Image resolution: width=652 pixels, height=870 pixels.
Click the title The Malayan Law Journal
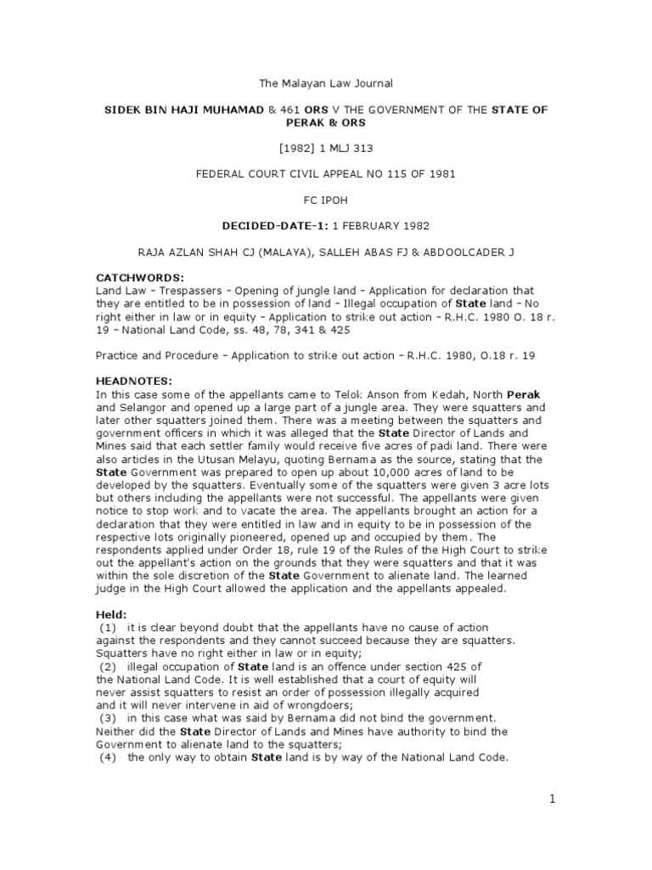click(325, 83)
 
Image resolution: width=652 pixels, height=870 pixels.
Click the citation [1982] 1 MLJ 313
click(325, 149)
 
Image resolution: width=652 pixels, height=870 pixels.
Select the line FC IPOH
click(326, 201)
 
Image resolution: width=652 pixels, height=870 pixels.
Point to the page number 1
click(551, 799)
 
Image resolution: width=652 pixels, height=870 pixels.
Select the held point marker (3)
click(109, 718)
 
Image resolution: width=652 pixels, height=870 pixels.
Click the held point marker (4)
click(109, 757)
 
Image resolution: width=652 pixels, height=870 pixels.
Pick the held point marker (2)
click(109, 666)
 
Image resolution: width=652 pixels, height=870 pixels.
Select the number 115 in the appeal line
click(390, 175)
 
